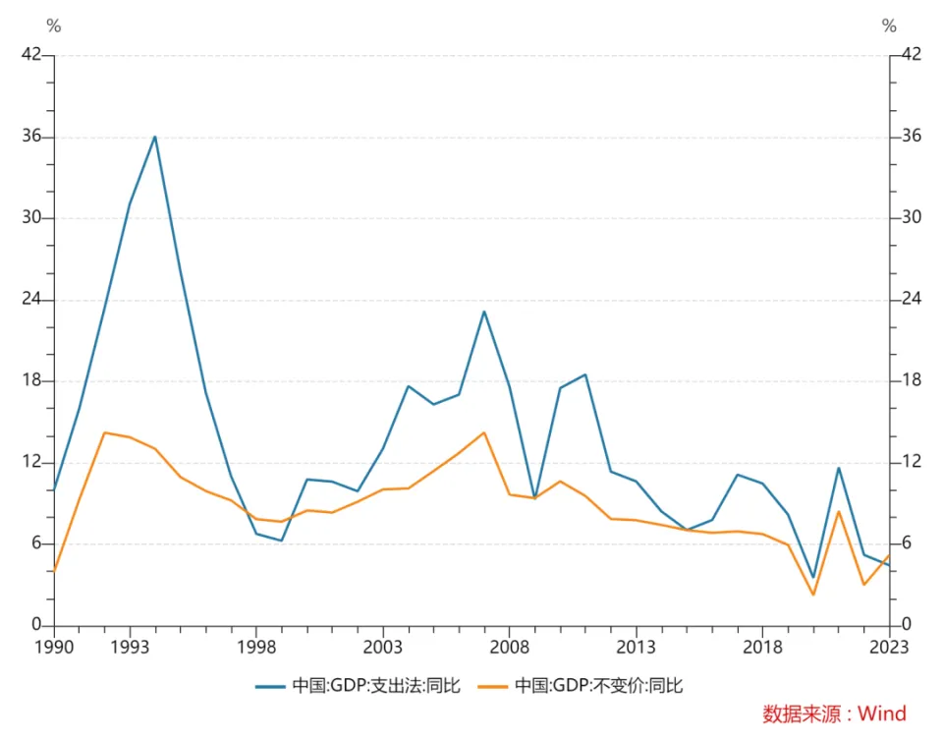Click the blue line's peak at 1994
(x=154, y=137)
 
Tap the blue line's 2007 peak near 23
(x=483, y=312)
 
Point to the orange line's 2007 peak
(x=483, y=432)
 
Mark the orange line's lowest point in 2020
(x=813, y=595)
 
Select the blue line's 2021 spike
(x=838, y=468)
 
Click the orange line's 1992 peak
(x=104, y=432)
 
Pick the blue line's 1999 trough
(x=281, y=541)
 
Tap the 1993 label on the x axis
(x=130, y=647)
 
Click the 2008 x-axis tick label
(x=509, y=647)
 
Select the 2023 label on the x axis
(x=889, y=647)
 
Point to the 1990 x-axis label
(x=54, y=647)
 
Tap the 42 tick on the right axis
(x=911, y=54)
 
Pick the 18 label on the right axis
(x=911, y=381)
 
